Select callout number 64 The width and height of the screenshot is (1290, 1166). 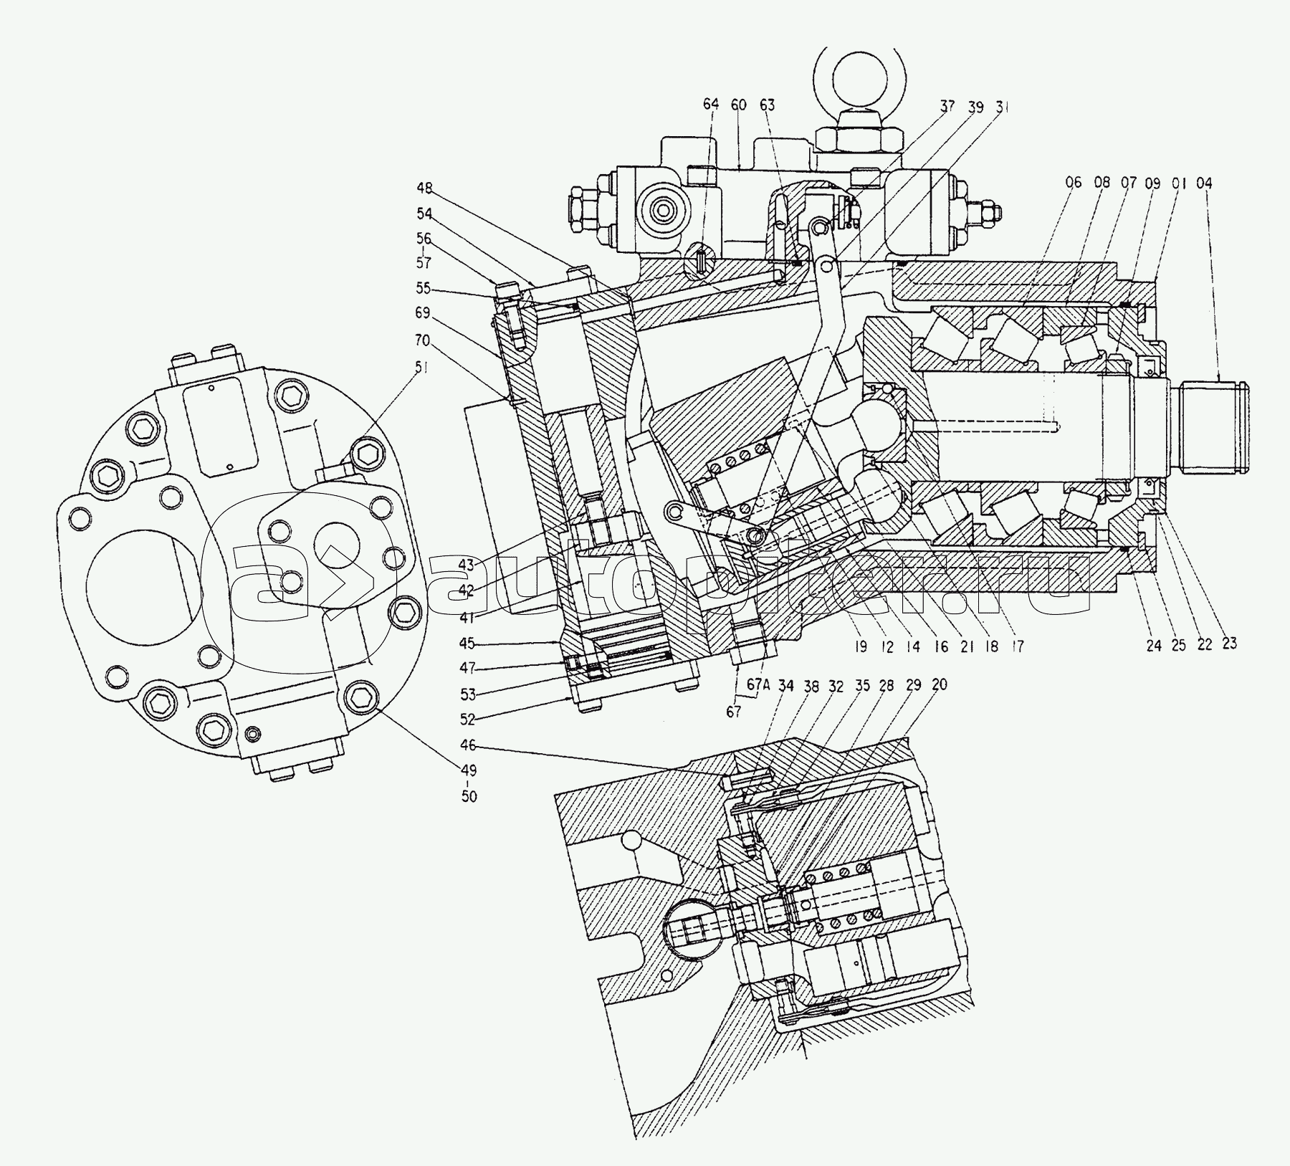coord(710,105)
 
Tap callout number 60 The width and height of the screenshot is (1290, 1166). coord(739,105)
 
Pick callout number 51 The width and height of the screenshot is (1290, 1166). coord(422,368)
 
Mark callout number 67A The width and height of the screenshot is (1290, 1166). coord(758,684)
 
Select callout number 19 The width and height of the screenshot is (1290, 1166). coord(860,647)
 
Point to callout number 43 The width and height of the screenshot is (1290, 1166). coord(467,565)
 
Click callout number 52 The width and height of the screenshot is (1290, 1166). coord(467,720)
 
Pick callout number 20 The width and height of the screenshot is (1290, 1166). coord(939,684)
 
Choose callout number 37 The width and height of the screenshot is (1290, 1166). coord(948,107)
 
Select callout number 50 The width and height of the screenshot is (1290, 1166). coord(469,796)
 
